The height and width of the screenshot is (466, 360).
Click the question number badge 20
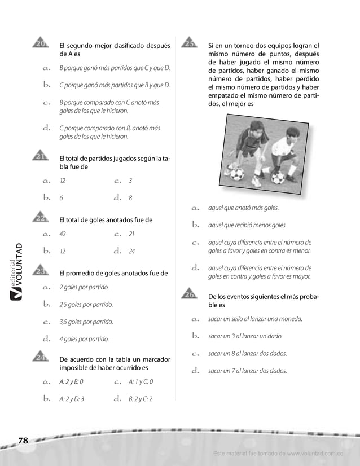41,44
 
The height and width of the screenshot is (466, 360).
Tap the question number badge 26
190,293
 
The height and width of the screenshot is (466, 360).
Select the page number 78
23,441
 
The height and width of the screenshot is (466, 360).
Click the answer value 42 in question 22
63,234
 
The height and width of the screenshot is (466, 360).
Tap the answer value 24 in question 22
131,251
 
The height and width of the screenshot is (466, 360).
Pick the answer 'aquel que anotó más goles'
243,208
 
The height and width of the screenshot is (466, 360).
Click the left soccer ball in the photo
237,173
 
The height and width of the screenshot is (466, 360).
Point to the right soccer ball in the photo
278,178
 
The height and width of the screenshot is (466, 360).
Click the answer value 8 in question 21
130,198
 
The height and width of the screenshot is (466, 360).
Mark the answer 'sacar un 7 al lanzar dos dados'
247,371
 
